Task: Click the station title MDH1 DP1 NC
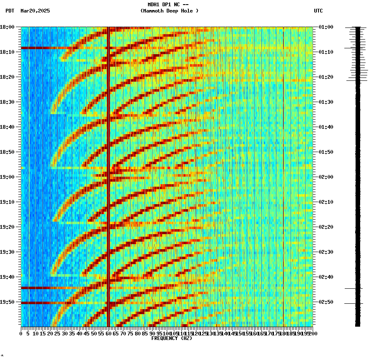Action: pos(165,4)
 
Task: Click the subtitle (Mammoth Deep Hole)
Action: pos(169,11)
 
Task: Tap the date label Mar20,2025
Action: pos(35,11)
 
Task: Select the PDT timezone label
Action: pos(10,11)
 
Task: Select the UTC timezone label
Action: pos(318,11)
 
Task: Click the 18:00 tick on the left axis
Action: pos(8,27)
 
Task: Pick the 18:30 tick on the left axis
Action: pos(8,102)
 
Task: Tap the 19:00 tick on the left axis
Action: pos(8,177)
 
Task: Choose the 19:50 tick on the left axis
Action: pos(8,302)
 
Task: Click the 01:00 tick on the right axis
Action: pos(326,27)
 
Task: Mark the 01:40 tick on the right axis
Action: pos(326,127)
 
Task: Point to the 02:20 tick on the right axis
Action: pos(326,227)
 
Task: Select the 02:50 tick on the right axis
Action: pos(326,302)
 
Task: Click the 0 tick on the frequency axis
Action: pos(21,333)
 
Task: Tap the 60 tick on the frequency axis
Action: pos(109,333)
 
